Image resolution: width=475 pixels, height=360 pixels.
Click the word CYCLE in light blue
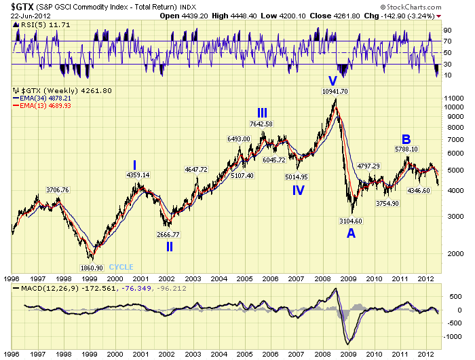click(121, 267)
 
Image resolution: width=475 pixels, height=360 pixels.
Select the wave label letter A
click(350, 232)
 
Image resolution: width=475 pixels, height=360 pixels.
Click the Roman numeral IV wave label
click(299, 190)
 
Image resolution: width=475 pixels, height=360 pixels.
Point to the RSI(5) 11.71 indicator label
click(36, 24)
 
